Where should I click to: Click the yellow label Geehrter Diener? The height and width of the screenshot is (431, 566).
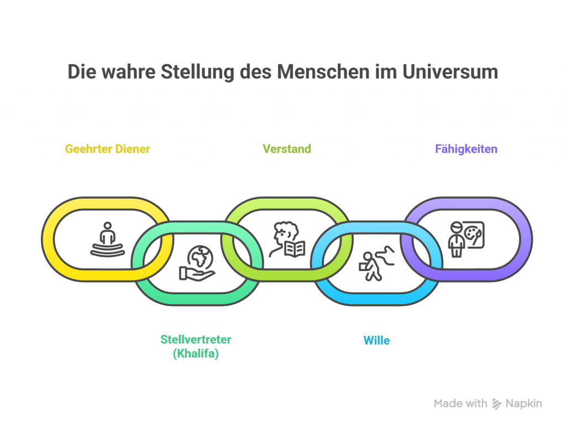coord(107,149)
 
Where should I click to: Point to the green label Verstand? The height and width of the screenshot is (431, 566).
coord(286,149)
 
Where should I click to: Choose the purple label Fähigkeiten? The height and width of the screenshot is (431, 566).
coord(466,149)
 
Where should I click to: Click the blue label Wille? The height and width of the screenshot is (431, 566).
coord(376,340)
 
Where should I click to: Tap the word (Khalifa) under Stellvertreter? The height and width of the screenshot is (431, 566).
coord(196,354)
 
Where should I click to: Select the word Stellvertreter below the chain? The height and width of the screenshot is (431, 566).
coord(196,339)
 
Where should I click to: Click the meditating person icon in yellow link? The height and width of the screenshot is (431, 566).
coord(107,239)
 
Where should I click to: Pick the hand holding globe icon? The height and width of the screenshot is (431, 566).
coord(197,263)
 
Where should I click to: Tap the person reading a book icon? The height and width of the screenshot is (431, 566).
coord(286,239)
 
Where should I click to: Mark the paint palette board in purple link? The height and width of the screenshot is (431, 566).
coord(473,233)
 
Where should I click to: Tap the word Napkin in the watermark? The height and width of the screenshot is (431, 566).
coord(524,403)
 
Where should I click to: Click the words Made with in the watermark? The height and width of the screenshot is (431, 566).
coord(460,403)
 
